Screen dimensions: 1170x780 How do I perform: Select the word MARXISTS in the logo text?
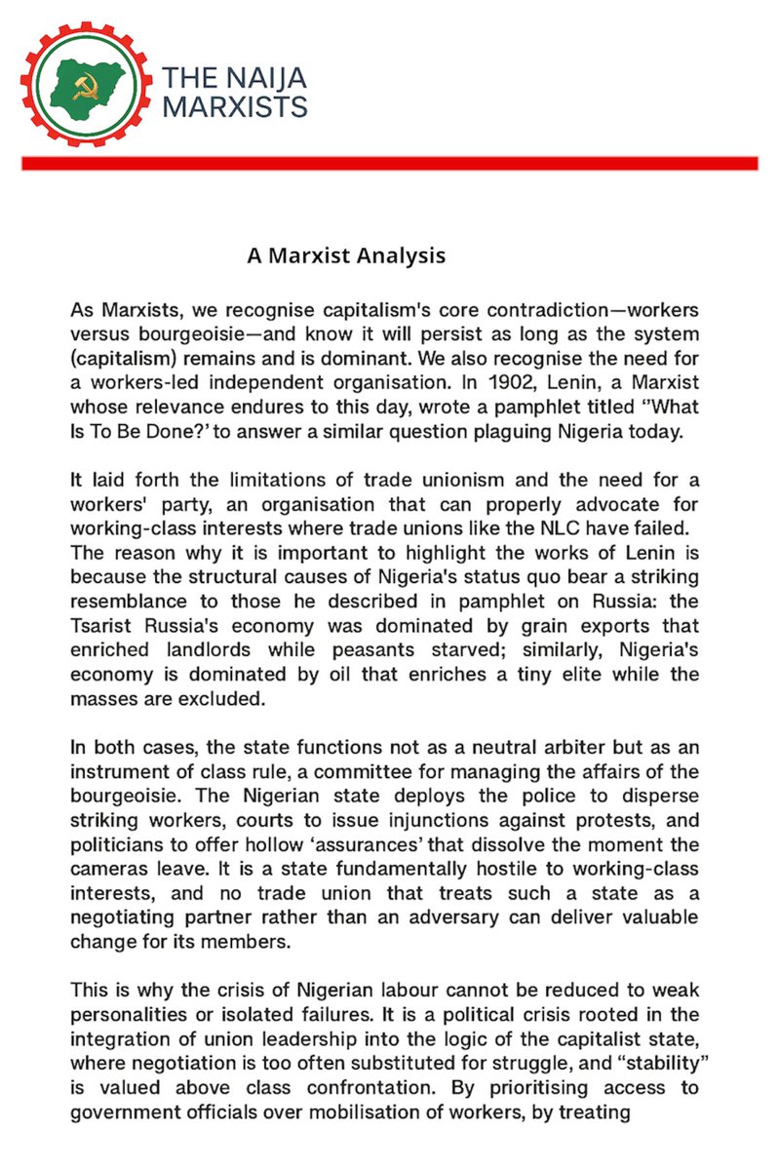coord(235,106)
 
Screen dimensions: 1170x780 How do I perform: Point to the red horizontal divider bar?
coord(389,164)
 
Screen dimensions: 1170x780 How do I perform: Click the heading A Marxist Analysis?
coord(346,256)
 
